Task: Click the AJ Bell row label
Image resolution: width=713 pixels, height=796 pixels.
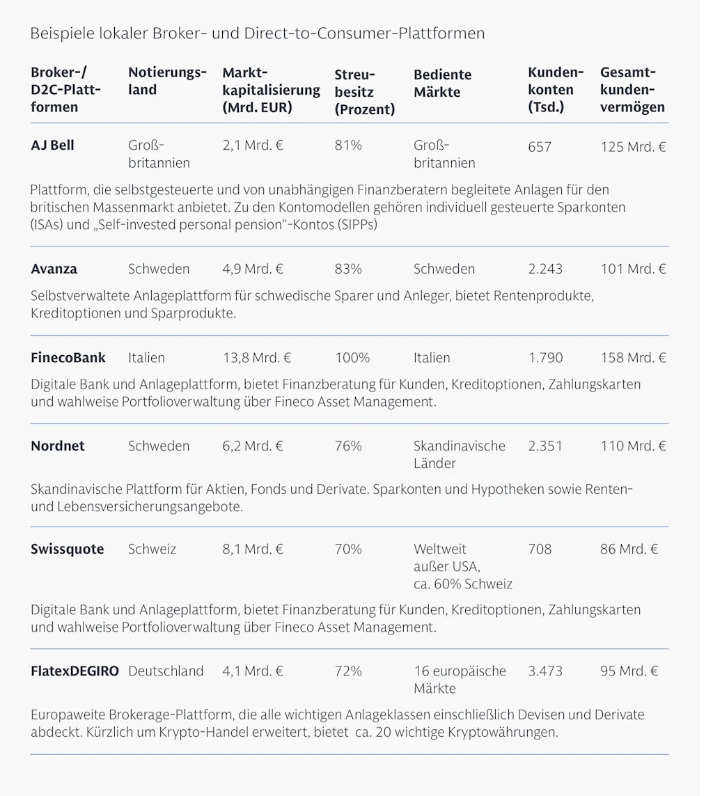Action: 52,146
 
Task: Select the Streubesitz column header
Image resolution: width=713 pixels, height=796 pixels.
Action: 364,92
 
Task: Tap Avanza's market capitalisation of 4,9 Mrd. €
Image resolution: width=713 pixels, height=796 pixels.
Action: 253,269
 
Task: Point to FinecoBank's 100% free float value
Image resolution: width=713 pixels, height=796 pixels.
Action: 352,358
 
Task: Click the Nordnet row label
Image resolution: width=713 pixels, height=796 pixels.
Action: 58,446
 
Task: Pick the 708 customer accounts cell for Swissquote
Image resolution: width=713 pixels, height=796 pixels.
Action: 540,549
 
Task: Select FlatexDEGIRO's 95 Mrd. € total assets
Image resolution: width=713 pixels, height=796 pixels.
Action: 633,671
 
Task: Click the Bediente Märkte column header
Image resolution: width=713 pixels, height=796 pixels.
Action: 442,84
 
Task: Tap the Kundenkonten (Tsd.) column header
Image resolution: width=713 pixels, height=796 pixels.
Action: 555,90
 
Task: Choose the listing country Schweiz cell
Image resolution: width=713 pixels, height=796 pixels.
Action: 152,549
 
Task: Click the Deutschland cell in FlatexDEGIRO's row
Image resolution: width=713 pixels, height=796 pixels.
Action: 166,671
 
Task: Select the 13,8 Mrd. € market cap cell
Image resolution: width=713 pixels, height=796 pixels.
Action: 257,358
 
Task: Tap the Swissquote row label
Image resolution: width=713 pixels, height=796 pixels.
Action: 67,549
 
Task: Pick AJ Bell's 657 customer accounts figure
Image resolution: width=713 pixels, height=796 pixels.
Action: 540,147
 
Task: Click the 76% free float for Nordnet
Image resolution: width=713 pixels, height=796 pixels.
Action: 348,446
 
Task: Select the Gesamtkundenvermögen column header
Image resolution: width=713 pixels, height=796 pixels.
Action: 632,90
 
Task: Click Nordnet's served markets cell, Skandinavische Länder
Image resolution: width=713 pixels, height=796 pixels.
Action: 460,455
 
